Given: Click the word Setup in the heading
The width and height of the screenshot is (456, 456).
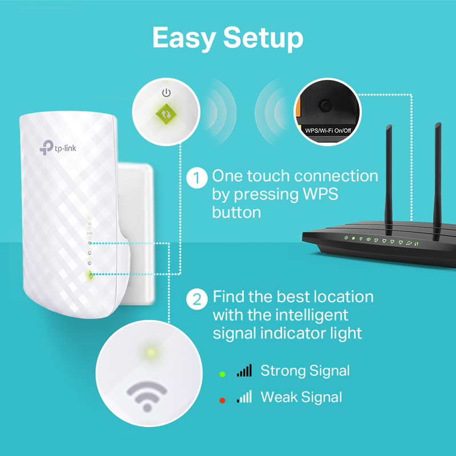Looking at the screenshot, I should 263,38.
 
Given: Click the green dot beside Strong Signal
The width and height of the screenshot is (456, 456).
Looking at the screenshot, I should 221,374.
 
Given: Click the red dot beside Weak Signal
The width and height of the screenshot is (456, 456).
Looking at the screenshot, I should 221,398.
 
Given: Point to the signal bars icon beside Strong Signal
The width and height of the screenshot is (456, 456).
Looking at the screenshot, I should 245,371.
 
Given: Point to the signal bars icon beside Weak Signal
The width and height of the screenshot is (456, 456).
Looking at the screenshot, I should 245,396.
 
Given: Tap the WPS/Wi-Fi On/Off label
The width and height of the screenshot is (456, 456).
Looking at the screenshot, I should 328,129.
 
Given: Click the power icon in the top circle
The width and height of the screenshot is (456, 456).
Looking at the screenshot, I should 166,92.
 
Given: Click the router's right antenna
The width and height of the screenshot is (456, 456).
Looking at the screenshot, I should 438,171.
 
